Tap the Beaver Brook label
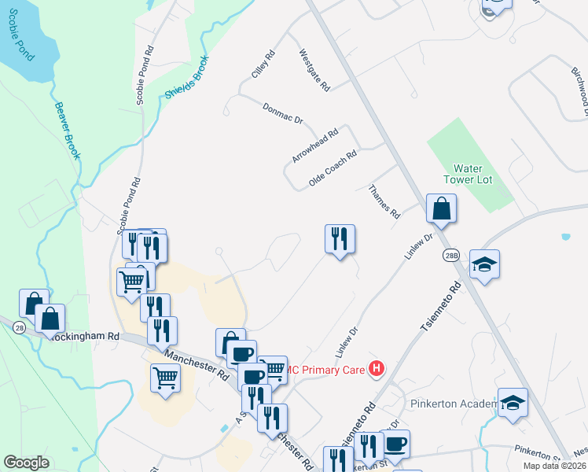pyautogui.click(x=68, y=131)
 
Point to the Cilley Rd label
pyautogui.click(x=263, y=65)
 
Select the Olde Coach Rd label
pyautogui.click(x=333, y=168)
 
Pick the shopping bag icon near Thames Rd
pyautogui.click(x=442, y=209)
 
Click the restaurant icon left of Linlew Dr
pyautogui.click(x=340, y=239)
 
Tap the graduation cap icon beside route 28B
pyautogui.click(x=484, y=265)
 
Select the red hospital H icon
pyautogui.click(x=377, y=368)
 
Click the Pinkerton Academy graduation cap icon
pyautogui.click(x=513, y=404)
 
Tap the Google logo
pyautogui.click(x=26, y=463)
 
